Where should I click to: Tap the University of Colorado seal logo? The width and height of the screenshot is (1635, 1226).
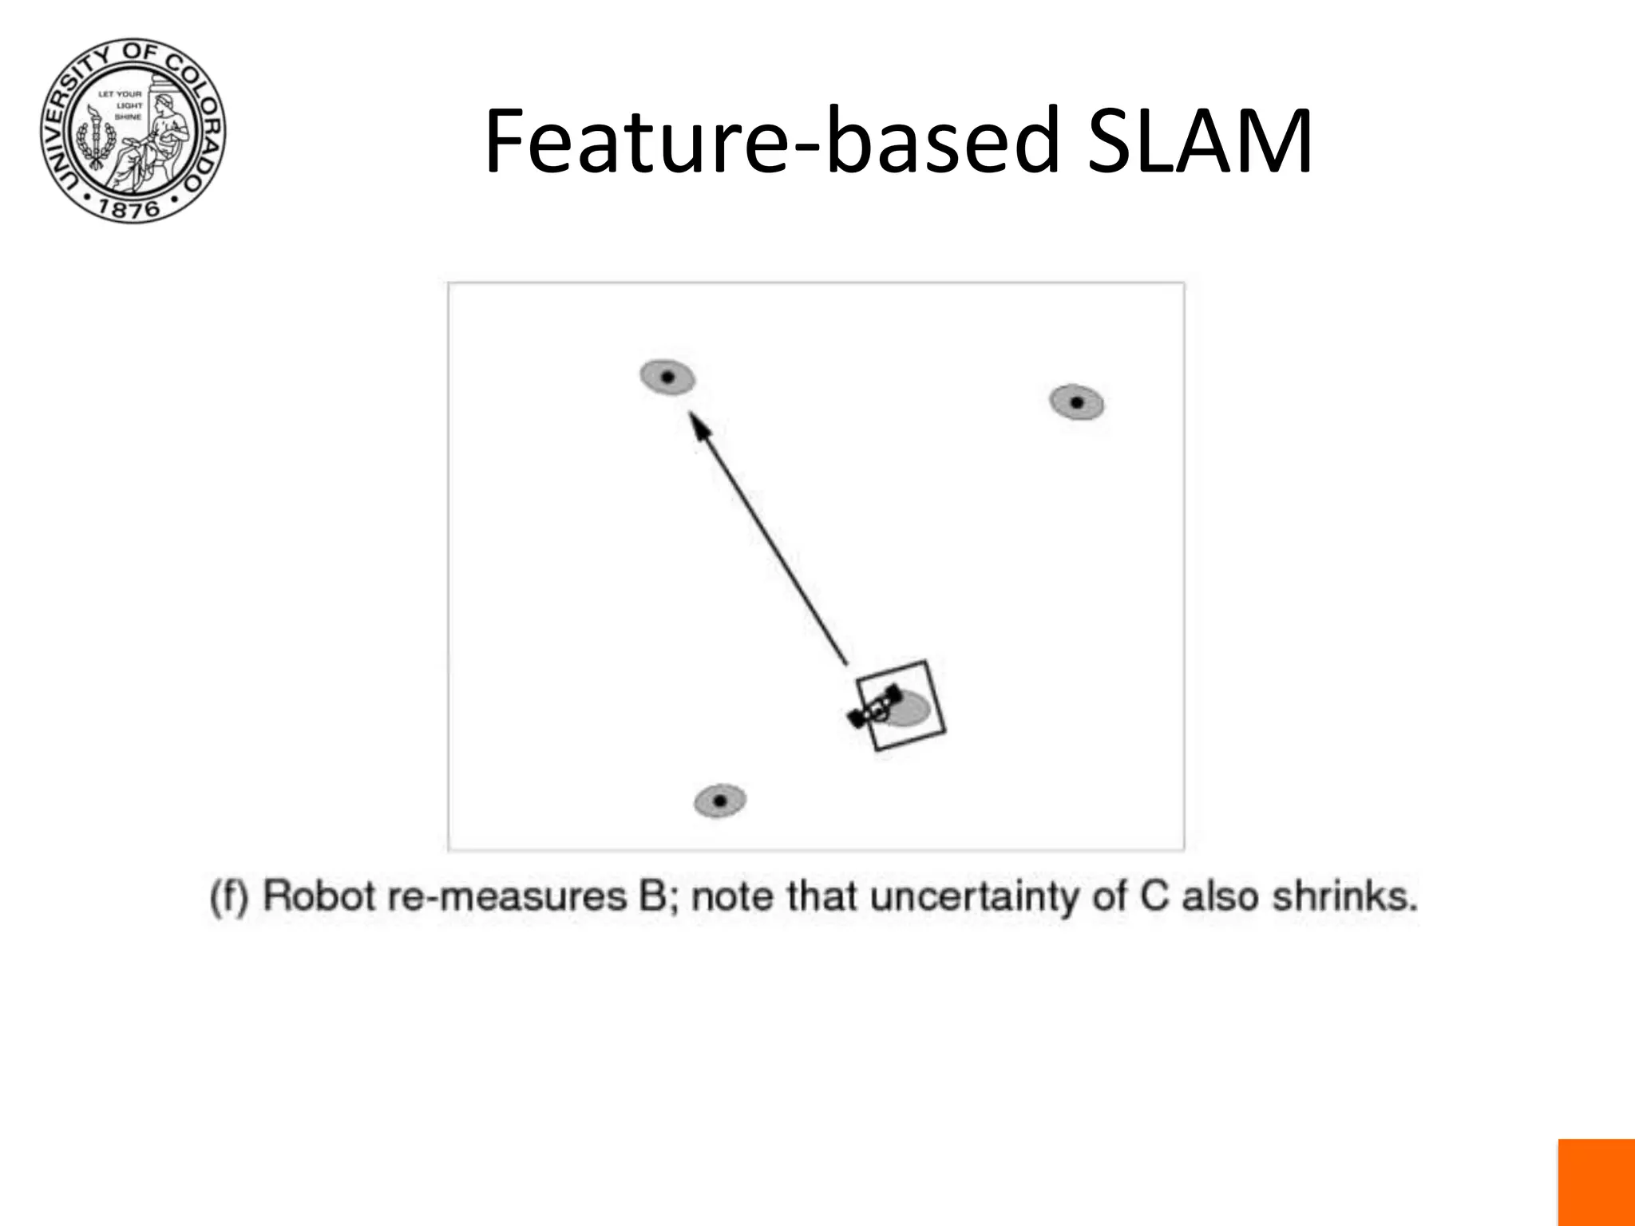tap(133, 130)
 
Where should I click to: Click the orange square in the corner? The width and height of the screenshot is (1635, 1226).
tap(1596, 1182)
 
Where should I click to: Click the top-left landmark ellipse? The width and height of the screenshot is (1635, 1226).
tap(667, 378)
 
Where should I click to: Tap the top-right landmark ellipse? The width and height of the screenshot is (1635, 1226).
tap(1076, 402)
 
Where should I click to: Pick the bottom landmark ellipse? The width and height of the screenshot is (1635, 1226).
tap(720, 801)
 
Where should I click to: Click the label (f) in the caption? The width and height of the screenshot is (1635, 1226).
tap(230, 896)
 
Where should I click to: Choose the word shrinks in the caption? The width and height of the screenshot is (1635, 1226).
tap(1344, 896)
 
